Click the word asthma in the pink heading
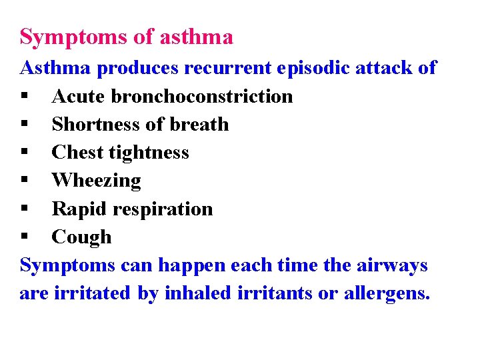pos(197,37)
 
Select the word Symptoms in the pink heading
pos(75,38)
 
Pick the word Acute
pos(79,96)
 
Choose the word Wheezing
pos(97,181)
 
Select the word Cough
pos(82,237)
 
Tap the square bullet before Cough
pos(24,238)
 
